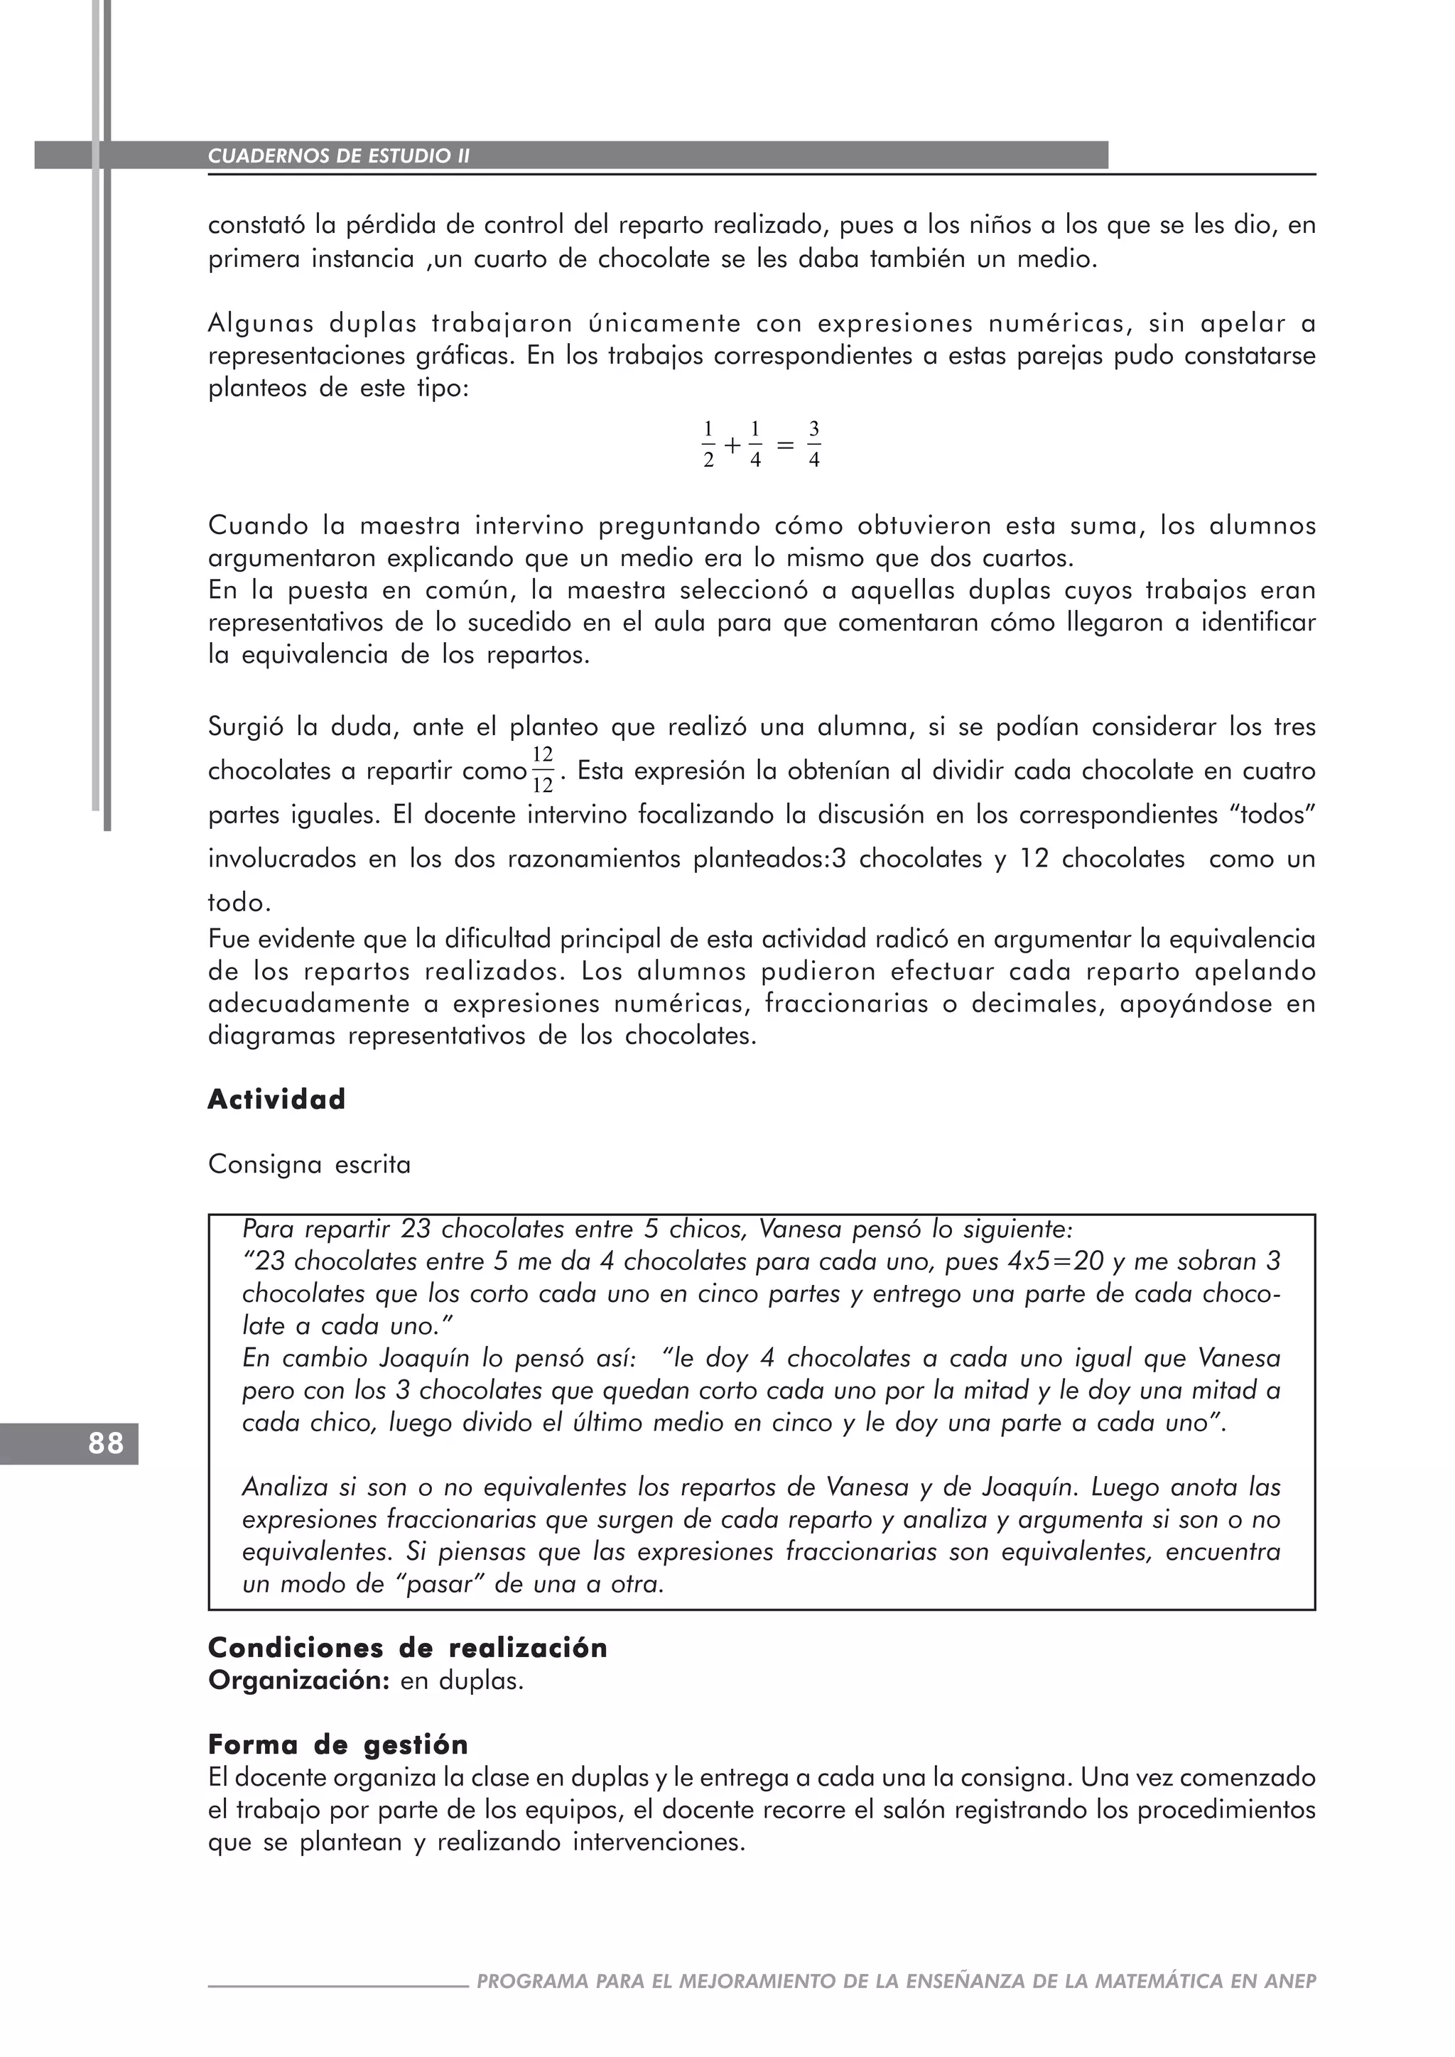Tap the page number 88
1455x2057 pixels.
coord(106,1443)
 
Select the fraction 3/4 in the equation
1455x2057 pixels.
coord(813,445)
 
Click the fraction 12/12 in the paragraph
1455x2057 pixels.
coord(542,771)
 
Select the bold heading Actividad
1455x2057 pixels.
coord(276,1100)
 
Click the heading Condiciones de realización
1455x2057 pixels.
coord(407,1649)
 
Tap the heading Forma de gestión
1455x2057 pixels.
coord(337,1745)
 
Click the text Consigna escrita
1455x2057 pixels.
coord(309,1165)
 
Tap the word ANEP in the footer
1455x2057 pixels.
coord(1290,1981)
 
